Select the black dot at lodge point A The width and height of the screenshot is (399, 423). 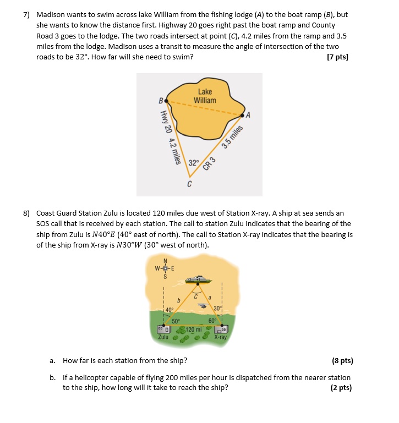243,116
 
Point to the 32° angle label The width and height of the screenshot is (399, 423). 193,163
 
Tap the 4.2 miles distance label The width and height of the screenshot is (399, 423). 174,151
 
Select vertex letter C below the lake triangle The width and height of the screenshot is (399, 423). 189,184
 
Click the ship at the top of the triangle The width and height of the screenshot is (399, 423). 196,280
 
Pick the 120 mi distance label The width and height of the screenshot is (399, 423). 193,329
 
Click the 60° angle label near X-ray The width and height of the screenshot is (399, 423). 212,321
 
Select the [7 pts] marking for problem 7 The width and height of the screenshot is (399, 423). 337,57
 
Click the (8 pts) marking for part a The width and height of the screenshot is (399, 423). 342,361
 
